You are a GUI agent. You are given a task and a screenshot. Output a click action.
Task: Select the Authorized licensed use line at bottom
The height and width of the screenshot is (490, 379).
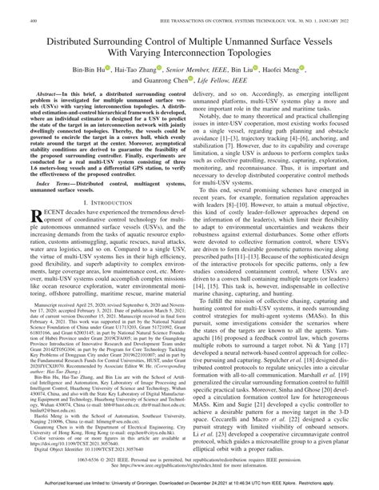pyautogui.click(x=189, y=484)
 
